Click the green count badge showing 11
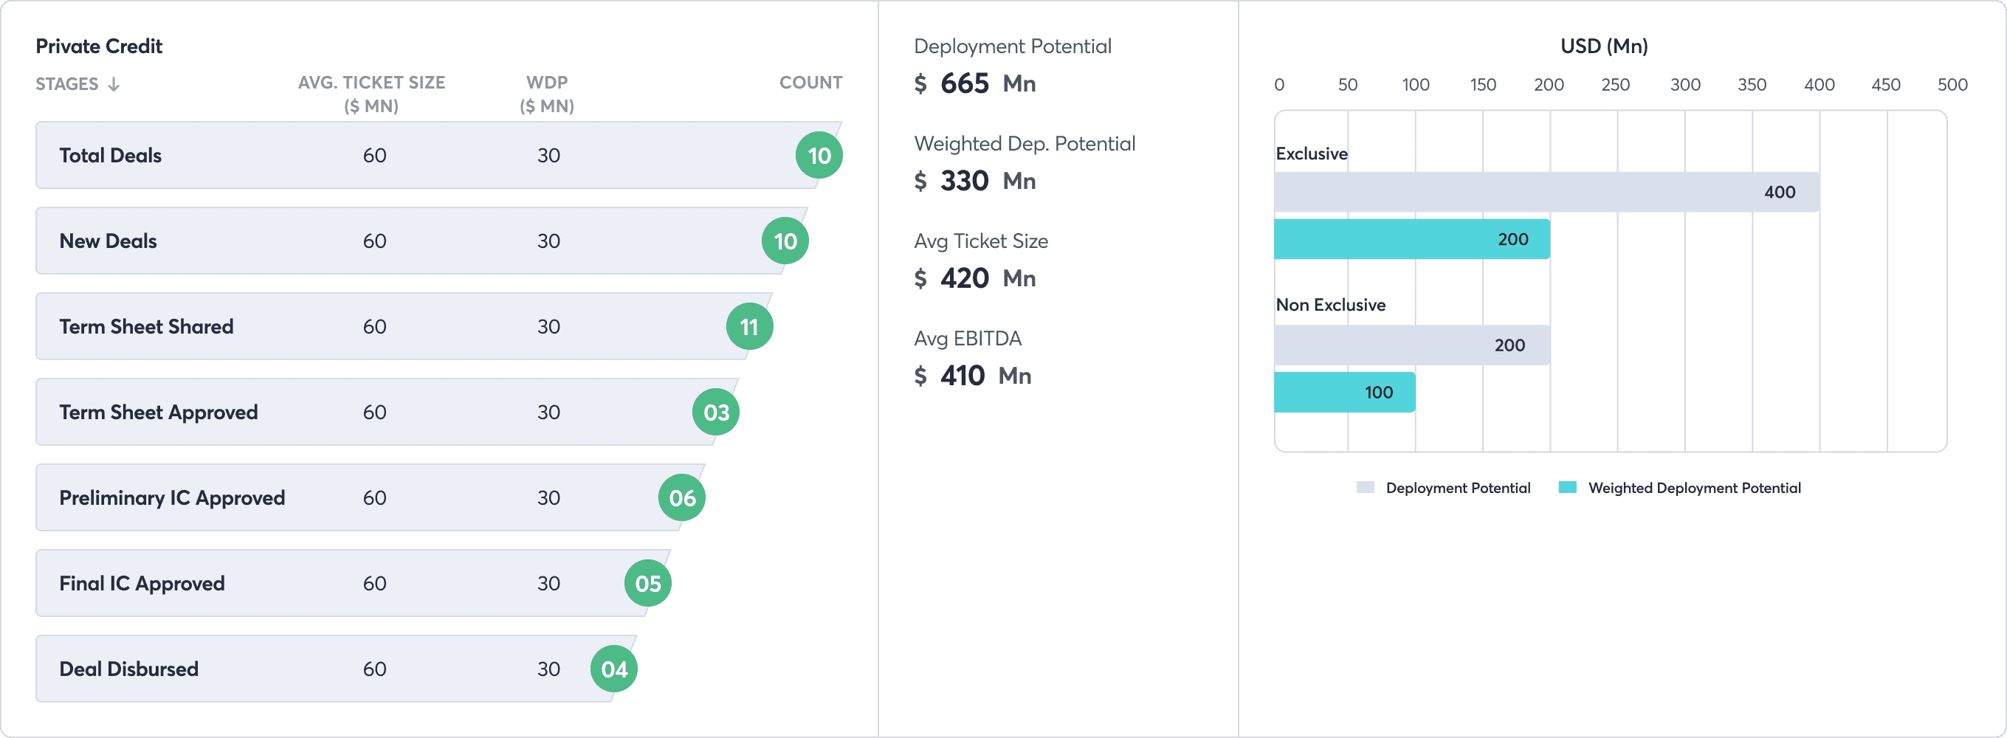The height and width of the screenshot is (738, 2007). pyautogui.click(x=749, y=326)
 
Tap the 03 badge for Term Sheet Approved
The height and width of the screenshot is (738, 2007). pyautogui.click(x=716, y=413)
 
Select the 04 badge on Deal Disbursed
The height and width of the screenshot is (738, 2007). pyautogui.click(x=614, y=669)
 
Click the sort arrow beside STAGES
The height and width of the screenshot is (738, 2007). pyautogui.click(x=114, y=84)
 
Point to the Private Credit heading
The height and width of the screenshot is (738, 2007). pyautogui.click(x=99, y=46)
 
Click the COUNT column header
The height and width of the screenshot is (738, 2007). pyautogui.click(x=810, y=83)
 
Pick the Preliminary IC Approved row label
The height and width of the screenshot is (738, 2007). pyautogui.click(x=172, y=498)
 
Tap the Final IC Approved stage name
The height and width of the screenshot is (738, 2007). pyautogui.click(x=142, y=584)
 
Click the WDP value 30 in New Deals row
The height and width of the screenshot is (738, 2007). pyautogui.click(x=548, y=241)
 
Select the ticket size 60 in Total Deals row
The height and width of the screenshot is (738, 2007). pyautogui.click(x=375, y=155)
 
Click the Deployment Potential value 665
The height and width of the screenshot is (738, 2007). pyautogui.click(x=965, y=83)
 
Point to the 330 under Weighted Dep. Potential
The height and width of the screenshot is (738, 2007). pyautogui.click(x=965, y=181)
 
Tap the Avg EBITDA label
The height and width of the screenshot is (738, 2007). pyautogui.click(x=968, y=338)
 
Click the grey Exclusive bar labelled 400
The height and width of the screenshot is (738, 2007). pyautogui.click(x=1546, y=192)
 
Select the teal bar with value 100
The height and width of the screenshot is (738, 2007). pyautogui.click(x=1345, y=392)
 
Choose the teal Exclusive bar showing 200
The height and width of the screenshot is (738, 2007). pyautogui.click(x=1412, y=239)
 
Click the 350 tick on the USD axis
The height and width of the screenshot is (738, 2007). pyautogui.click(x=1752, y=85)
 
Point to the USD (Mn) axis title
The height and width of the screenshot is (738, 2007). pyautogui.click(x=1604, y=46)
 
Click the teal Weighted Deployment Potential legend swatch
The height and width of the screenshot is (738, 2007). pyautogui.click(x=1568, y=487)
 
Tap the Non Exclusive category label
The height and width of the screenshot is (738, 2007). pyautogui.click(x=1331, y=305)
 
